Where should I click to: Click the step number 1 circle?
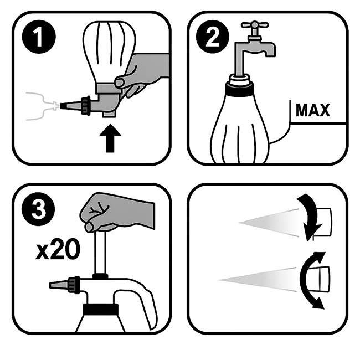click(39, 37)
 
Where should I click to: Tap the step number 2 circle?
click(212, 37)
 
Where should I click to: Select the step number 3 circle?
click(38, 209)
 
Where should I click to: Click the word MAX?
click(313, 110)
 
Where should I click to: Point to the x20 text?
click(58, 249)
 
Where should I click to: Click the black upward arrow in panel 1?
click(110, 138)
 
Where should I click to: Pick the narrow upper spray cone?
click(269, 223)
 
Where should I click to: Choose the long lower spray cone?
click(256, 280)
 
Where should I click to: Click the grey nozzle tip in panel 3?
click(58, 285)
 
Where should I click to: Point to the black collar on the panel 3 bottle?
click(100, 309)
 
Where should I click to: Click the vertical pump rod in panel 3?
click(100, 253)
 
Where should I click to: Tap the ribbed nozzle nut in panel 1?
click(85, 106)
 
